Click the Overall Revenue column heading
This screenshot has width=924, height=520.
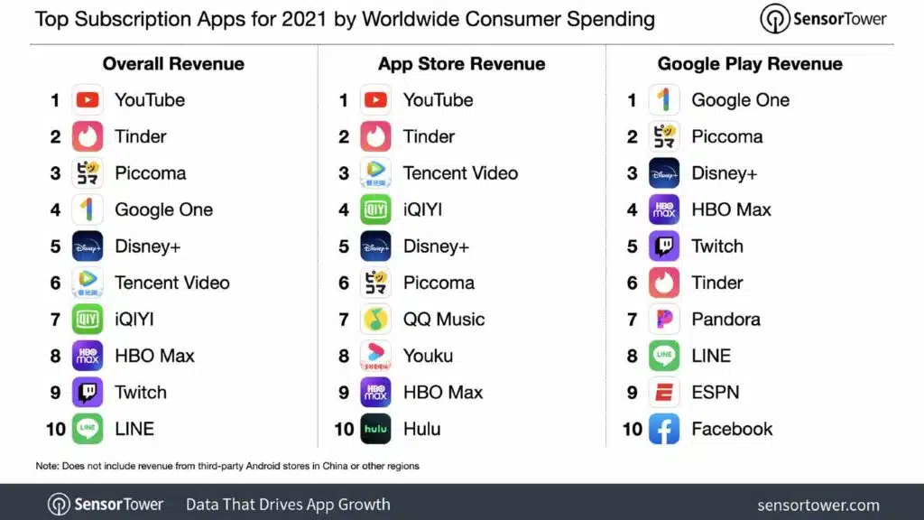point(173,64)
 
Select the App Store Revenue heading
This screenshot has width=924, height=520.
point(461,64)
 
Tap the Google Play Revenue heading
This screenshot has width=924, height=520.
point(750,64)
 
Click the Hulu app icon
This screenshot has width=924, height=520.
point(375,429)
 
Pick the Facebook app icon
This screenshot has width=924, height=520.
point(664,429)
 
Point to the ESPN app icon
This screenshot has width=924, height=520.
point(664,393)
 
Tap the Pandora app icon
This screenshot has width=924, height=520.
point(664,320)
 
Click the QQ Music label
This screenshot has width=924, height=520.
point(443,320)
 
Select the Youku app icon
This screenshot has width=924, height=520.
point(375,356)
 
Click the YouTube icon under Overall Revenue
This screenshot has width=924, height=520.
point(88,100)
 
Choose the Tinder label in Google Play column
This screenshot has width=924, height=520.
point(716,283)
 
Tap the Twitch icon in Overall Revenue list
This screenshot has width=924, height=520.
point(88,393)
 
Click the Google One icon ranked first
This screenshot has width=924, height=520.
point(664,100)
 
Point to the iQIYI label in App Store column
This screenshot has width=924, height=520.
point(422,209)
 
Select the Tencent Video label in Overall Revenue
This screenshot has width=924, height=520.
point(171,283)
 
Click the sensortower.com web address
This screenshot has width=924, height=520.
point(818,505)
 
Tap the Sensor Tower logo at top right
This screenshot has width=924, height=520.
point(824,19)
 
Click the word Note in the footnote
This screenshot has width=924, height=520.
point(47,466)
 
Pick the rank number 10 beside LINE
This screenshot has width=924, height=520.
point(56,429)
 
